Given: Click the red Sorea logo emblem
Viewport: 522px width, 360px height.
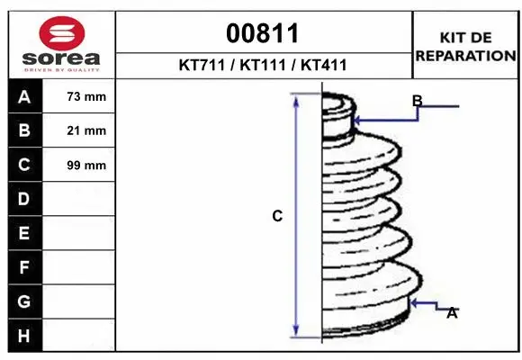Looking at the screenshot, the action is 62,33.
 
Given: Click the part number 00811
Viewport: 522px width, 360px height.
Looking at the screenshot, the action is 262,33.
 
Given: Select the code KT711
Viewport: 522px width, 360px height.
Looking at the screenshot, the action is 202,65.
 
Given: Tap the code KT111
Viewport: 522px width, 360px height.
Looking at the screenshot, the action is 263,65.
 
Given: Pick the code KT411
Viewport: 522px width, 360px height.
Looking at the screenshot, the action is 324,65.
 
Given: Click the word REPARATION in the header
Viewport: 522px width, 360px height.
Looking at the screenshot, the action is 465,56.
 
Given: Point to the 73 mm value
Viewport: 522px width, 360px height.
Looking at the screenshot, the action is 86,96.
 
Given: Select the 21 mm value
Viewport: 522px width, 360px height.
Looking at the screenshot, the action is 86,130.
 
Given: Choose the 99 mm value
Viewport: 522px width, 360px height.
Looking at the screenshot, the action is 86,166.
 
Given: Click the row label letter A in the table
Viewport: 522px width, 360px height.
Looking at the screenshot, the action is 24,97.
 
